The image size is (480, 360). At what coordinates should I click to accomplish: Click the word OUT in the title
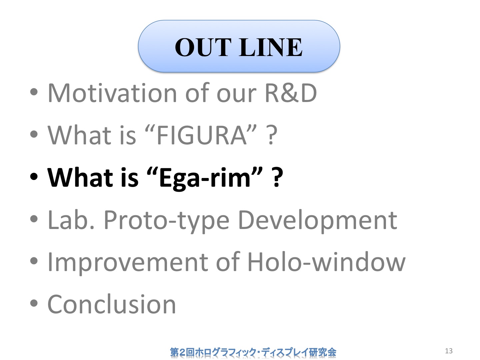tap(203, 47)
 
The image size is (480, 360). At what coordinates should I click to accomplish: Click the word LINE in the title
tap(271, 47)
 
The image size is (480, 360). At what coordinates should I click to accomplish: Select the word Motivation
tap(112, 93)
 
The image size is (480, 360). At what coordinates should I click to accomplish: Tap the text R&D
tap(291, 93)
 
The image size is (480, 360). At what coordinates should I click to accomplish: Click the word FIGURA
tap(202, 135)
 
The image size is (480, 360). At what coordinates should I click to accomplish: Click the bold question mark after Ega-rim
tap(277, 177)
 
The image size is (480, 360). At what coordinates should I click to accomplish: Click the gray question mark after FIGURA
tap(272, 135)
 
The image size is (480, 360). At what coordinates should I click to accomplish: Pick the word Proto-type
tap(167, 221)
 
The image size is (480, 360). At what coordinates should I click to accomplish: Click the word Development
tap(318, 221)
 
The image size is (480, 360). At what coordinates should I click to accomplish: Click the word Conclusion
tap(112, 304)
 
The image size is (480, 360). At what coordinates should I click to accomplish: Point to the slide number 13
tap(449, 351)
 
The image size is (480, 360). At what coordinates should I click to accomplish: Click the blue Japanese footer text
tap(253, 352)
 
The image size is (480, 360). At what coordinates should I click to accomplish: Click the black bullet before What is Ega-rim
tap(34, 177)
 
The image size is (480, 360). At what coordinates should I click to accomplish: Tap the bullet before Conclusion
tap(34, 304)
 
